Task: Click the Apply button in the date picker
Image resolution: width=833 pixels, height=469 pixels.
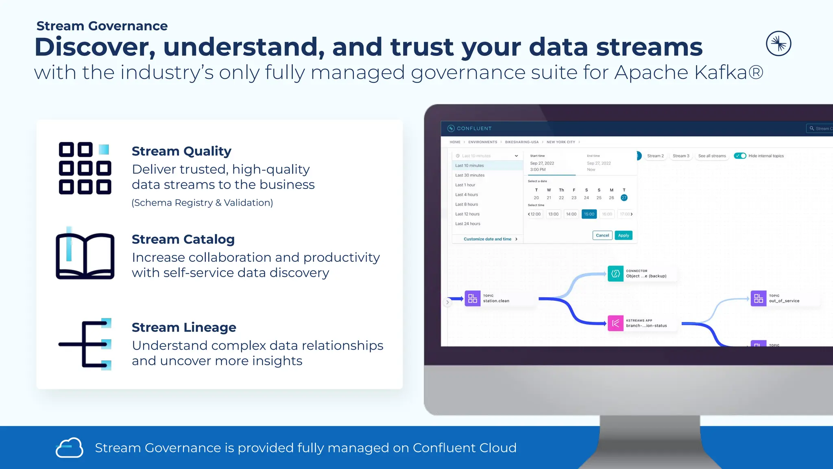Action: (x=624, y=235)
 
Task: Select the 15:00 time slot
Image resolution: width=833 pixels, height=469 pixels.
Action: (x=589, y=214)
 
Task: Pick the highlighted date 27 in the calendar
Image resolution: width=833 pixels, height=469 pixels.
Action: (x=624, y=198)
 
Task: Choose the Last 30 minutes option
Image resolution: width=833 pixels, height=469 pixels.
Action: (x=470, y=175)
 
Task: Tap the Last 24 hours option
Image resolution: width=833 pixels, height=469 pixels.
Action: (x=468, y=224)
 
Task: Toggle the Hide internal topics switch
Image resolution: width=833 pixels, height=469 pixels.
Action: (x=740, y=156)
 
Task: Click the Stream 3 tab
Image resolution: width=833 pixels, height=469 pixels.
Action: (x=681, y=156)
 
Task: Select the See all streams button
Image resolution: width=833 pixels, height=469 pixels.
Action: (x=712, y=156)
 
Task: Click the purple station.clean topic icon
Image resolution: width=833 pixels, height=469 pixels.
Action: (x=472, y=298)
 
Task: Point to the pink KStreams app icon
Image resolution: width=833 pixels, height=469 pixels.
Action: (x=615, y=323)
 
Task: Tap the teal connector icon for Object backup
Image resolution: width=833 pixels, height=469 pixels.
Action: (x=615, y=274)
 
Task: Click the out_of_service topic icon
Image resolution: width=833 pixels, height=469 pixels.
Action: (x=758, y=298)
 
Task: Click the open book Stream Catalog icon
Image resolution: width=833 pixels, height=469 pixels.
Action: (x=85, y=255)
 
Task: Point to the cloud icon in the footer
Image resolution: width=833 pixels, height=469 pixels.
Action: (x=69, y=448)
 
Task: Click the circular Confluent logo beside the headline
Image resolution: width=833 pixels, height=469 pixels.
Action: (x=778, y=44)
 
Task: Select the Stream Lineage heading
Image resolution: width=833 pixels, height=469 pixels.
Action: (x=184, y=327)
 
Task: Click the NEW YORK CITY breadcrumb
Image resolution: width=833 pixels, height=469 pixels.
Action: (x=560, y=142)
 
